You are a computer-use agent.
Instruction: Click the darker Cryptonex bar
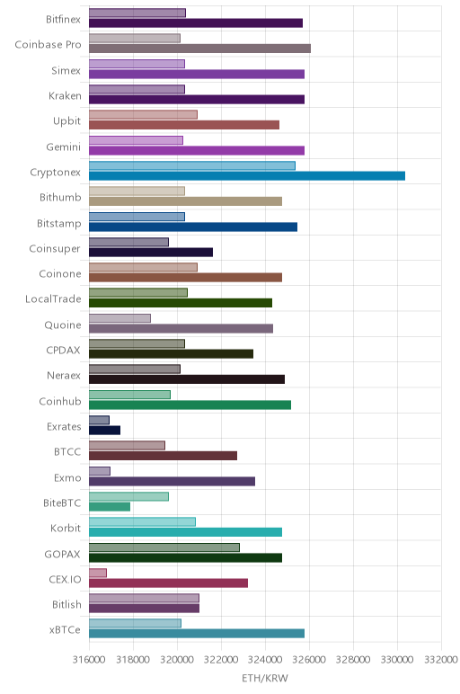pos(247,176)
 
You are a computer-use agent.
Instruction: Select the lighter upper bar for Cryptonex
pos(192,166)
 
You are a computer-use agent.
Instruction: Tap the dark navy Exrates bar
pos(104,431)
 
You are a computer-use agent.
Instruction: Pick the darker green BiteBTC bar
pos(110,507)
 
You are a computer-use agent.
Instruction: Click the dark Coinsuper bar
pos(151,253)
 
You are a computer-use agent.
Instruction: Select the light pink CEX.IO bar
pos(98,574)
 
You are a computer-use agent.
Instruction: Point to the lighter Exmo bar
pos(100,471)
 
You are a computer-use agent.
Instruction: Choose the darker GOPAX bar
pos(185,557)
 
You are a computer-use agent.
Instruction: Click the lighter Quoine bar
pos(119,318)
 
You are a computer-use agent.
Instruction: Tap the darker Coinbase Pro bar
pos(199,49)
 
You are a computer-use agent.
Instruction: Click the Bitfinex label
pos(63,20)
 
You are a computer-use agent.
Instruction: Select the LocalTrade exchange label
pos(53,299)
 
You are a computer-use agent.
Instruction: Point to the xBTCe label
pos(65,630)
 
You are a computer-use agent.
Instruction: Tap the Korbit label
pos(66,528)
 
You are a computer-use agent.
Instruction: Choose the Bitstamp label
pos(58,224)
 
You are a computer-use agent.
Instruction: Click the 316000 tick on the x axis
pos(88,660)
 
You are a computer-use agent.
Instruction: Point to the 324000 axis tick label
pos(265,660)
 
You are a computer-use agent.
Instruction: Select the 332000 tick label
pos(441,660)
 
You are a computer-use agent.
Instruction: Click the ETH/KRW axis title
pos(264,678)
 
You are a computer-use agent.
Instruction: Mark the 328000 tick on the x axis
pos(353,660)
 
